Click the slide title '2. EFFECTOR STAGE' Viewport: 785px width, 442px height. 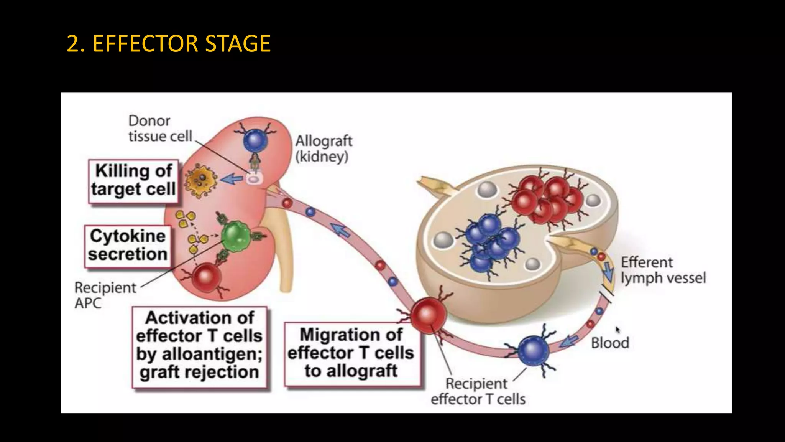pos(169,43)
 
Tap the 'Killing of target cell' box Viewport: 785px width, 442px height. pos(133,181)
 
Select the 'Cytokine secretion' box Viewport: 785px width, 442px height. pos(127,246)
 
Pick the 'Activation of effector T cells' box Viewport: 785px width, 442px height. pos(199,345)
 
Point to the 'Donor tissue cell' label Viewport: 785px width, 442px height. pos(160,129)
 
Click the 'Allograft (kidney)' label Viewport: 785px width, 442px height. pos(323,148)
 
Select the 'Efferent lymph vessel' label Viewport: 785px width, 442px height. pos(663,270)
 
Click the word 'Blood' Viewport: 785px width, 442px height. pos(610,343)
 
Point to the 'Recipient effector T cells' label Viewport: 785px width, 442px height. pos(478,391)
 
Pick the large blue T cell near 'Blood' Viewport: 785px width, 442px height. pos(533,351)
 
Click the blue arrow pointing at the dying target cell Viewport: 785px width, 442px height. pos(232,179)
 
